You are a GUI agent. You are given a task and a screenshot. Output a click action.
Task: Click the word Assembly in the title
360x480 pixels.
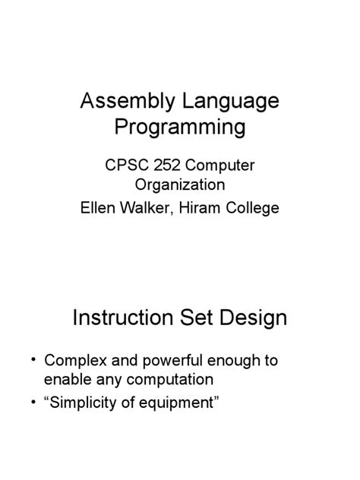click(122, 101)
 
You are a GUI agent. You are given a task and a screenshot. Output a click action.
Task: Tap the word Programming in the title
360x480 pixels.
click(180, 127)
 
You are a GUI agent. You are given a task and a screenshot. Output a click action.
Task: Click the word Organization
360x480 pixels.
click(180, 185)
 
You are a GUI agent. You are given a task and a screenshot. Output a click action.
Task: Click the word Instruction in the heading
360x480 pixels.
click(123, 317)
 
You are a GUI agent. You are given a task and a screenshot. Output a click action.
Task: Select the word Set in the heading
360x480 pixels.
click(197, 317)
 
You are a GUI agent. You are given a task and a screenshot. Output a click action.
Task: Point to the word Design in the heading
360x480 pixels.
click(253, 317)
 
